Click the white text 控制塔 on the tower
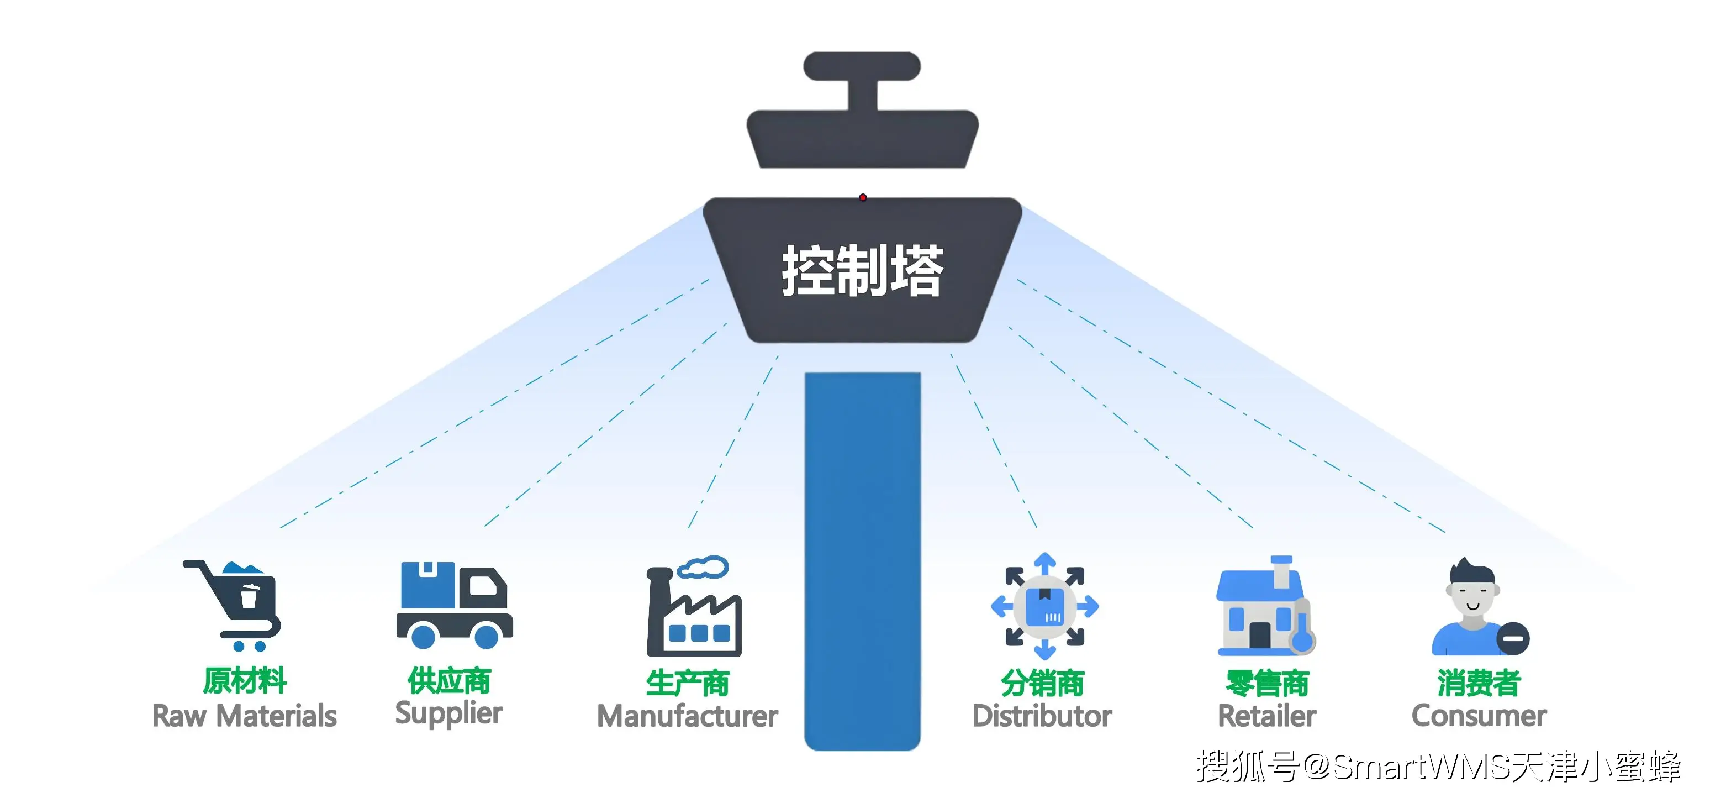click(862, 271)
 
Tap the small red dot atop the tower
click(863, 197)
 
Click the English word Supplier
click(448, 713)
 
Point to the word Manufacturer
click(687, 716)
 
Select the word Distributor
click(1042, 716)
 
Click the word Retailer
click(1266, 716)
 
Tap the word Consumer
click(1479, 716)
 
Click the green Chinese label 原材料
click(245, 681)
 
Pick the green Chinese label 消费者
click(1479, 683)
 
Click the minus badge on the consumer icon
click(1513, 638)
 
